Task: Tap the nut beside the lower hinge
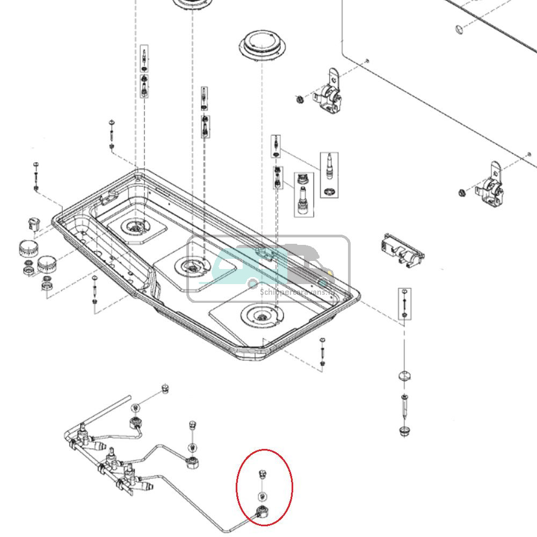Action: (461, 193)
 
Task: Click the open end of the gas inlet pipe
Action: (129, 397)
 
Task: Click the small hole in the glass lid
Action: (458, 28)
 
